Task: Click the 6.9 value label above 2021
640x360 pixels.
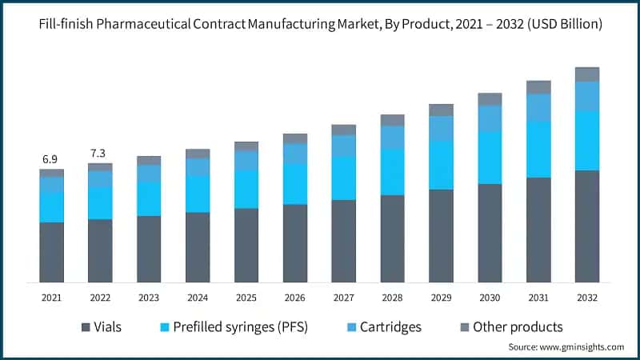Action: click(x=50, y=160)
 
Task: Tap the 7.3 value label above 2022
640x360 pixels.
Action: click(x=98, y=153)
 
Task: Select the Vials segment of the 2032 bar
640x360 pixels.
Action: click(x=587, y=226)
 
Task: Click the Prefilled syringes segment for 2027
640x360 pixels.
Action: click(x=344, y=178)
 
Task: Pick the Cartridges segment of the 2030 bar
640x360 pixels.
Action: click(x=490, y=118)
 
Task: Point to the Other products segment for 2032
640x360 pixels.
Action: click(x=587, y=74)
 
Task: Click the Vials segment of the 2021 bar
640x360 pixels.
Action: click(x=52, y=252)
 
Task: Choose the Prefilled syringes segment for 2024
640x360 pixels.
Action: click(x=198, y=194)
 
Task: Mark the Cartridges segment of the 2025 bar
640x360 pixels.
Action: click(x=246, y=160)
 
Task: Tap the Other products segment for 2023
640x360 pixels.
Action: click(x=149, y=161)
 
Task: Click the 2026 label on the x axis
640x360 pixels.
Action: click(x=295, y=298)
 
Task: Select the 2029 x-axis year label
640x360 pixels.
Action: click(x=441, y=298)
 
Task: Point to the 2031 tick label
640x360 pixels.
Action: click(x=538, y=298)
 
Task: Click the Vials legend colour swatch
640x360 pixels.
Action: click(x=85, y=327)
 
